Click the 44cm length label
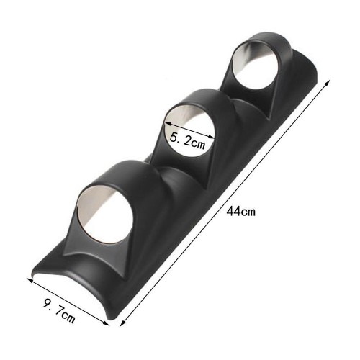coord(241,212)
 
